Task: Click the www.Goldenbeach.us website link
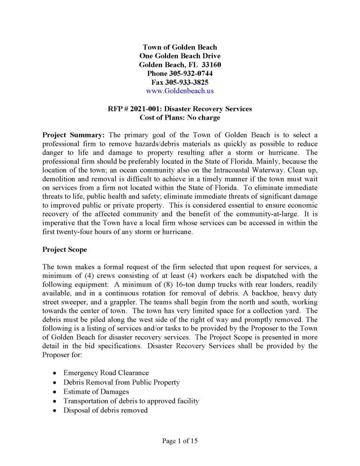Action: (180, 90)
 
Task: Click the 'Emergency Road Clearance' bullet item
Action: (106, 373)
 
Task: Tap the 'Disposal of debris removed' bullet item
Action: (105, 410)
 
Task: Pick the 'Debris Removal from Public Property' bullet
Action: (121, 383)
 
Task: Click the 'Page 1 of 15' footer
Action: (180, 441)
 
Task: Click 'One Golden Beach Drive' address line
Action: (180, 56)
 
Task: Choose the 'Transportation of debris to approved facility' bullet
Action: (131, 401)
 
